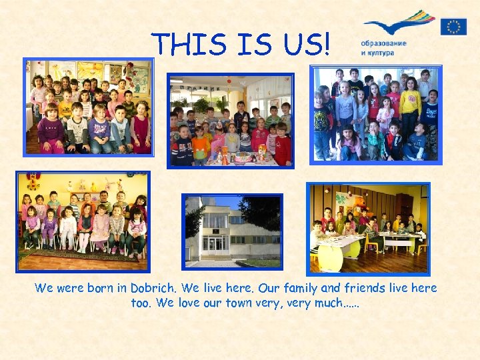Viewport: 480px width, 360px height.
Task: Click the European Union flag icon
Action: (x=453, y=26)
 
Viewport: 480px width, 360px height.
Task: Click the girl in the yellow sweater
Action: (x=409, y=106)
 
